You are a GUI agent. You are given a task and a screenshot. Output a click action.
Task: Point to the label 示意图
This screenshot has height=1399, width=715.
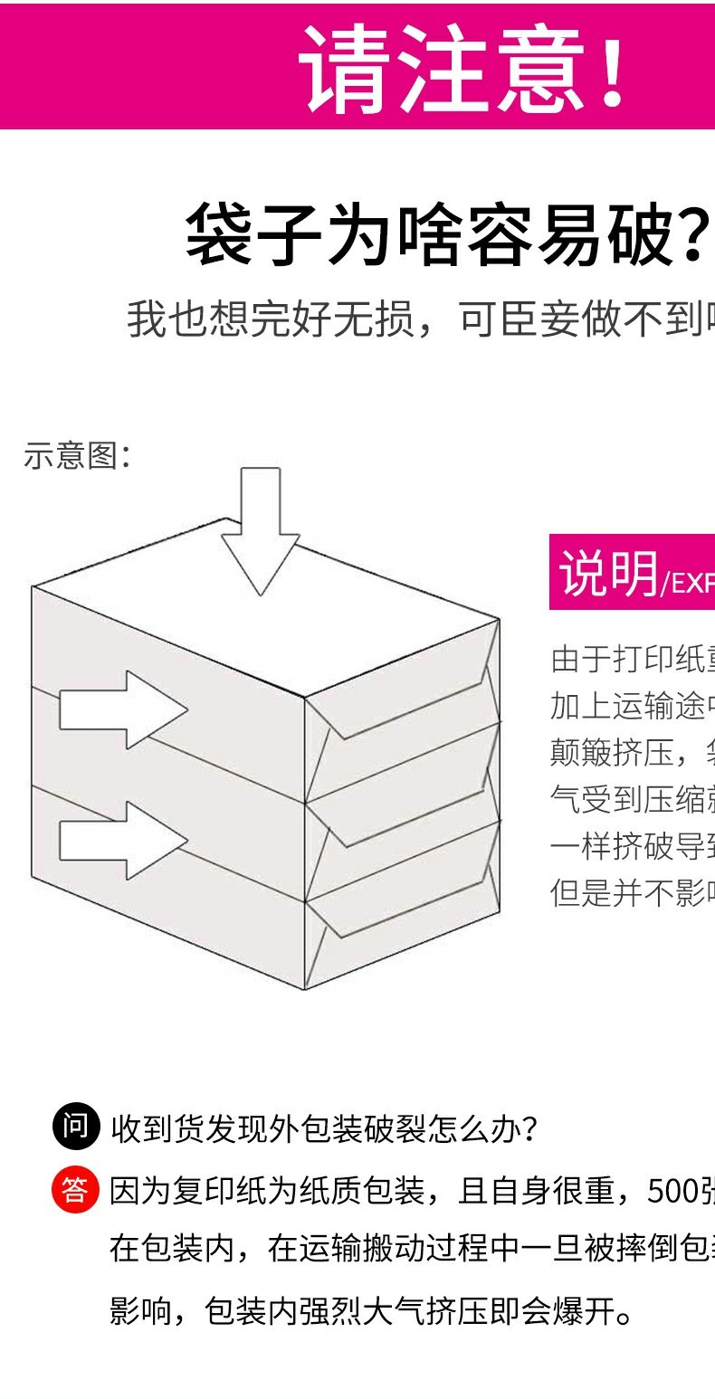tap(77, 455)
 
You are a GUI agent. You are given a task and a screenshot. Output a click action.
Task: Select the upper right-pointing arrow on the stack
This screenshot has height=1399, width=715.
tap(122, 709)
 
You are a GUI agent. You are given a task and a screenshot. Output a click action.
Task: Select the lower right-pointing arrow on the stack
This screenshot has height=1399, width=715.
tap(122, 841)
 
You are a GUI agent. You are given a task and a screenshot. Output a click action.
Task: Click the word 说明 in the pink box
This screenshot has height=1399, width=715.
tap(607, 572)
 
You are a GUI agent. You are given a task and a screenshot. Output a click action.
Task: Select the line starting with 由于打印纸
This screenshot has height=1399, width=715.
tap(632, 659)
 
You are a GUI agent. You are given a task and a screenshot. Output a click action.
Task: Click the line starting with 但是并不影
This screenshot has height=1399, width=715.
tap(632, 892)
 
